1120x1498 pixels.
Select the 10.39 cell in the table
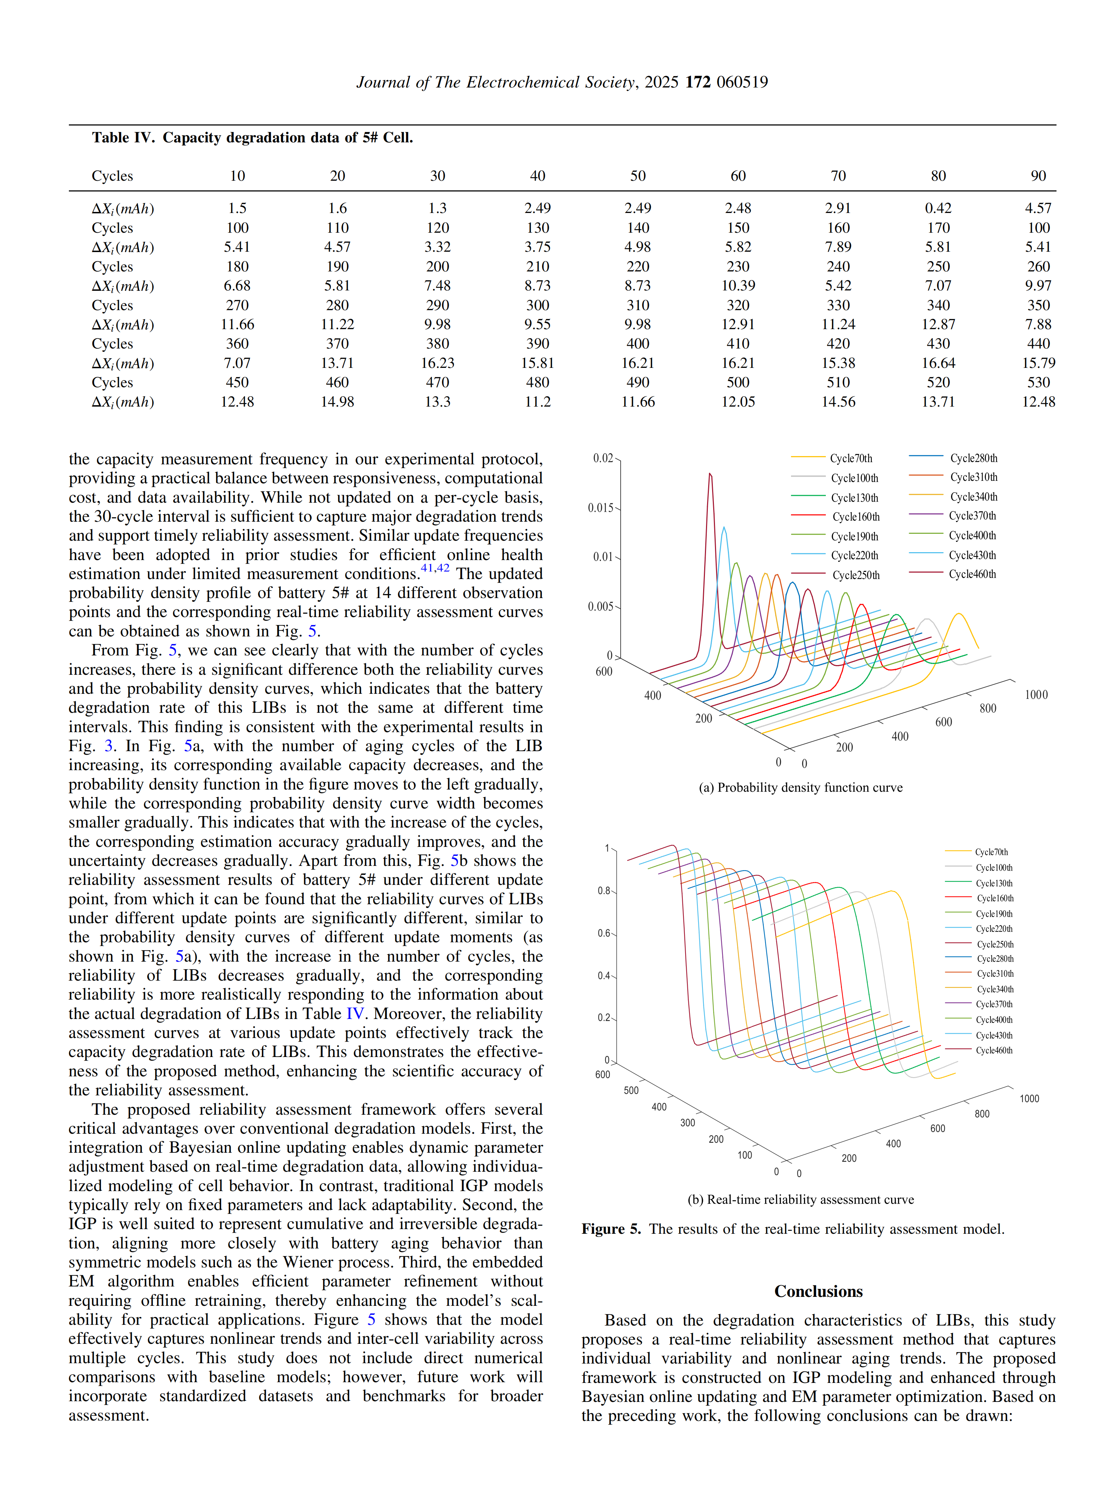738,286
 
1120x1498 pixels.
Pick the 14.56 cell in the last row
838,402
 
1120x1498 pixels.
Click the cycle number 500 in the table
738,383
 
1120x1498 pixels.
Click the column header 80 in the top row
938,176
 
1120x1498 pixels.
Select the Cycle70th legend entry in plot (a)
851,459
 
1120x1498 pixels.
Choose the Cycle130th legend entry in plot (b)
994,883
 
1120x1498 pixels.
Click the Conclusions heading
818,1291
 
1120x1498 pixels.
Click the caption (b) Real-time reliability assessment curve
800,1199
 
